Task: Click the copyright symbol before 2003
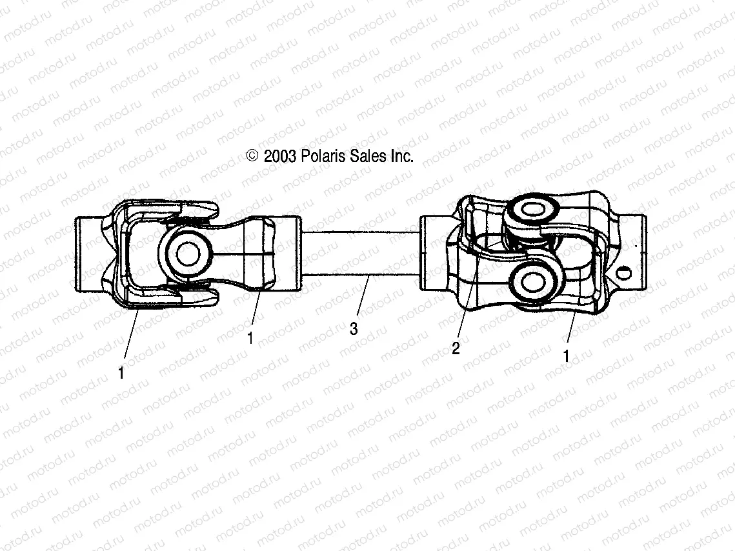tap(252, 156)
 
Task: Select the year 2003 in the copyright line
tap(279, 156)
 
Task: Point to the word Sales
tap(367, 156)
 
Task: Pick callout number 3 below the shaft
tap(353, 329)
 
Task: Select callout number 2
tap(456, 349)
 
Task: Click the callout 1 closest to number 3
tap(250, 338)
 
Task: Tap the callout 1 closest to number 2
tap(566, 356)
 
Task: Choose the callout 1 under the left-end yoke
tap(121, 372)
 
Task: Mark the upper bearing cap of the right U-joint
tap(533, 211)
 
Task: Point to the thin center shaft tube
tap(360, 253)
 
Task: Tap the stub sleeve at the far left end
tap(87, 254)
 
